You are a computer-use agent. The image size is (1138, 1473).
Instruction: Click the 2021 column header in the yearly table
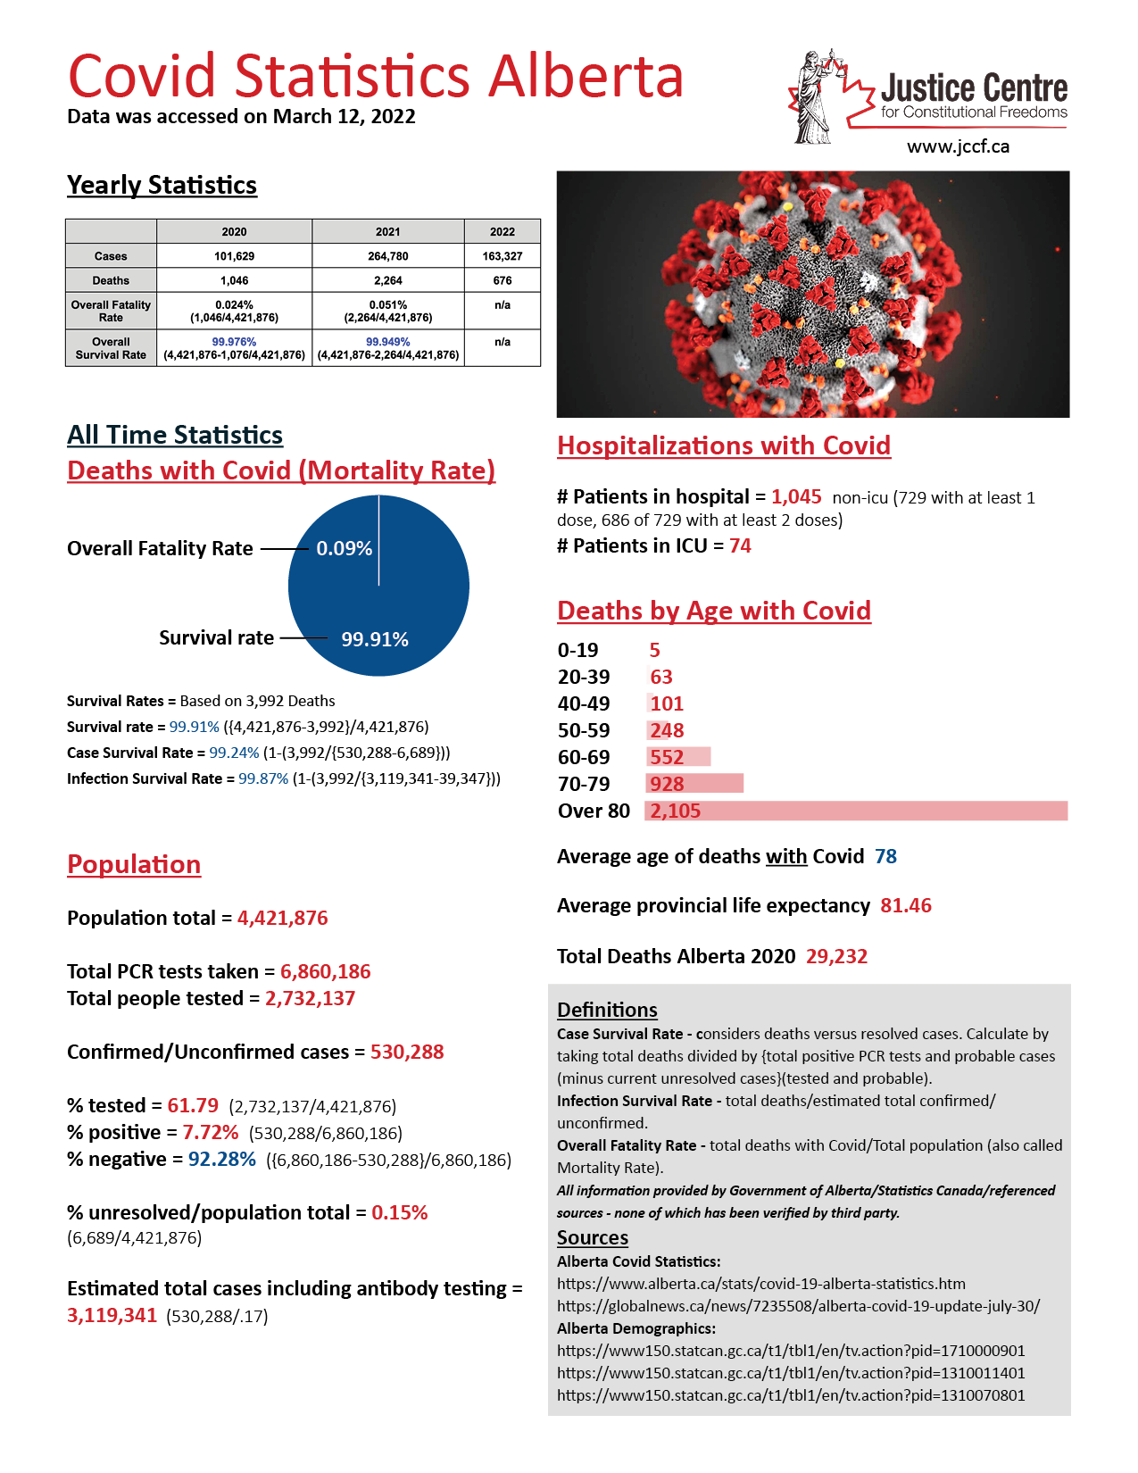(387, 231)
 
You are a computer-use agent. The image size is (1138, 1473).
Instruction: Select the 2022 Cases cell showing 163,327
(503, 256)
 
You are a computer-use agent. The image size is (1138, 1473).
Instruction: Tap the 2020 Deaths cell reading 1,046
(234, 280)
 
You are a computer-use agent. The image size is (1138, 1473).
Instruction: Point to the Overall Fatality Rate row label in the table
(111, 311)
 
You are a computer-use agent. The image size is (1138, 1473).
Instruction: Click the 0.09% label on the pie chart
(344, 548)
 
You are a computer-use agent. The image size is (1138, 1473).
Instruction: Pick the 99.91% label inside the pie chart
(375, 639)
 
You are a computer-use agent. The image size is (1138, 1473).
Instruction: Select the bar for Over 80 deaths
(857, 811)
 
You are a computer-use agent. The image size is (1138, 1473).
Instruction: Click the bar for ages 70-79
(695, 784)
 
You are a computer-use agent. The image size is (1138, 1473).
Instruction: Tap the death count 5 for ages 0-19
(654, 650)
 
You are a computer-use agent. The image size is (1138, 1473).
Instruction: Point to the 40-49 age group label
(584, 703)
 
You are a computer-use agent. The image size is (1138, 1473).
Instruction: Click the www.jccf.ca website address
(958, 147)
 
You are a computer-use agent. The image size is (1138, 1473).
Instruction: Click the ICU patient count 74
(740, 545)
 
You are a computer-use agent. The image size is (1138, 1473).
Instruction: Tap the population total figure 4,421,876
(282, 918)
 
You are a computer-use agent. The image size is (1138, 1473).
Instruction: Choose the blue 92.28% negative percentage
(221, 1159)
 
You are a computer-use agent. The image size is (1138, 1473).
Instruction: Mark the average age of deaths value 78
(885, 856)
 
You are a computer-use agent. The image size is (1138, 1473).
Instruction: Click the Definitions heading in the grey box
(607, 1010)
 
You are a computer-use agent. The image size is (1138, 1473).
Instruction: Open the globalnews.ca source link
(798, 1306)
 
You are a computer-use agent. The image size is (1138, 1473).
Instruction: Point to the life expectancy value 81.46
(905, 905)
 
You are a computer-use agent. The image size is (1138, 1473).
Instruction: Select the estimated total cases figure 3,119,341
(112, 1315)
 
